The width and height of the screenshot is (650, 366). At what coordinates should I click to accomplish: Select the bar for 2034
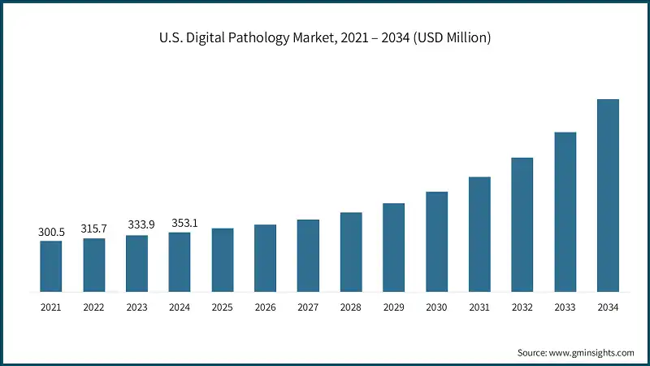(x=608, y=195)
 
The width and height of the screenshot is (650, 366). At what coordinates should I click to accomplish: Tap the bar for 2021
(x=51, y=266)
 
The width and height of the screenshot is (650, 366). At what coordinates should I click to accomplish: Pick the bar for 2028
(x=351, y=252)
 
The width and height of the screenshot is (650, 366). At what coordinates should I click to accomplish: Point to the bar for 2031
(x=479, y=234)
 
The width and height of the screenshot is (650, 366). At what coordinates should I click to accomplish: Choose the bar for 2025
(x=223, y=259)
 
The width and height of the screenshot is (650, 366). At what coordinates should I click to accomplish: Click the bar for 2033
(x=565, y=211)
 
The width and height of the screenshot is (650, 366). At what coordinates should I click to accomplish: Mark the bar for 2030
(x=437, y=242)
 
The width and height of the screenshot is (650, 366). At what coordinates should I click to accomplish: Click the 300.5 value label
(x=51, y=233)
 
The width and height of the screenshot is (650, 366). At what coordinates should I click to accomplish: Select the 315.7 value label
(x=94, y=229)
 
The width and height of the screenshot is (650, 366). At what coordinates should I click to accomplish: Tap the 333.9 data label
(x=136, y=224)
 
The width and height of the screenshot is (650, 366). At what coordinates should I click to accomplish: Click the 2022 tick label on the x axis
(x=94, y=307)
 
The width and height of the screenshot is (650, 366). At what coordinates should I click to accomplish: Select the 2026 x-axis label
(x=265, y=307)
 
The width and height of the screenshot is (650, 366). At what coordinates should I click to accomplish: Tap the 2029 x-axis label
(x=394, y=307)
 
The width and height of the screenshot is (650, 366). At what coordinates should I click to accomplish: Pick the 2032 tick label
(x=522, y=307)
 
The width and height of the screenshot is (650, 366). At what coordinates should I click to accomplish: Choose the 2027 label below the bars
(x=308, y=307)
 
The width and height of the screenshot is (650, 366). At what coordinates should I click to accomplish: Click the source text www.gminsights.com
(x=575, y=352)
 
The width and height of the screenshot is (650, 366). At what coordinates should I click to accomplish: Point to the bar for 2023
(x=136, y=264)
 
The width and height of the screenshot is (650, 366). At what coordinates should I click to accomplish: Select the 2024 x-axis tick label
(x=180, y=307)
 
